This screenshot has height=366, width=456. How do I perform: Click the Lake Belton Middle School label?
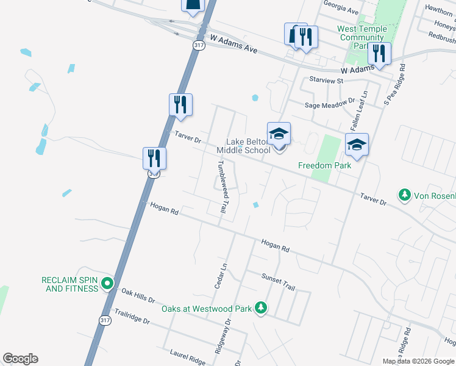click(x=243, y=146)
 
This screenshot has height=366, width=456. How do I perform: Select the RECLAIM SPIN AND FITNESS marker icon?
click(x=107, y=283)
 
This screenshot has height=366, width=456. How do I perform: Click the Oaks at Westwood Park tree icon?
click(x=261, y=308)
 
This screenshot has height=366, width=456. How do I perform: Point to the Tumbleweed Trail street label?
click(x=222, y=187)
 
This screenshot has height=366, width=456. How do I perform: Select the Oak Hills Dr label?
click(x=138, y=296)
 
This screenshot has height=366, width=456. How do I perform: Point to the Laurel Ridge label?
click(x=187, y=357)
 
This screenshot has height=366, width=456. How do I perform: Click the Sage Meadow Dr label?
click(x=330, y=104)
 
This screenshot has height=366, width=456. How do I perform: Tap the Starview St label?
click(x=327, y=80)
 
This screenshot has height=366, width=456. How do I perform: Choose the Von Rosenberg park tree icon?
click(x=404, y=195)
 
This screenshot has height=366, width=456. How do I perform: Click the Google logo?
click(x=20, y=359)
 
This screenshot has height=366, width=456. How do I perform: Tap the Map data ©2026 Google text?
click(x=418, y=361)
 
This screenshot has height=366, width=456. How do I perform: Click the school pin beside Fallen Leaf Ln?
click(x=357, y=145)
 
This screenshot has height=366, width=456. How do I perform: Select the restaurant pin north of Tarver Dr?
click(x=180, y=105)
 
